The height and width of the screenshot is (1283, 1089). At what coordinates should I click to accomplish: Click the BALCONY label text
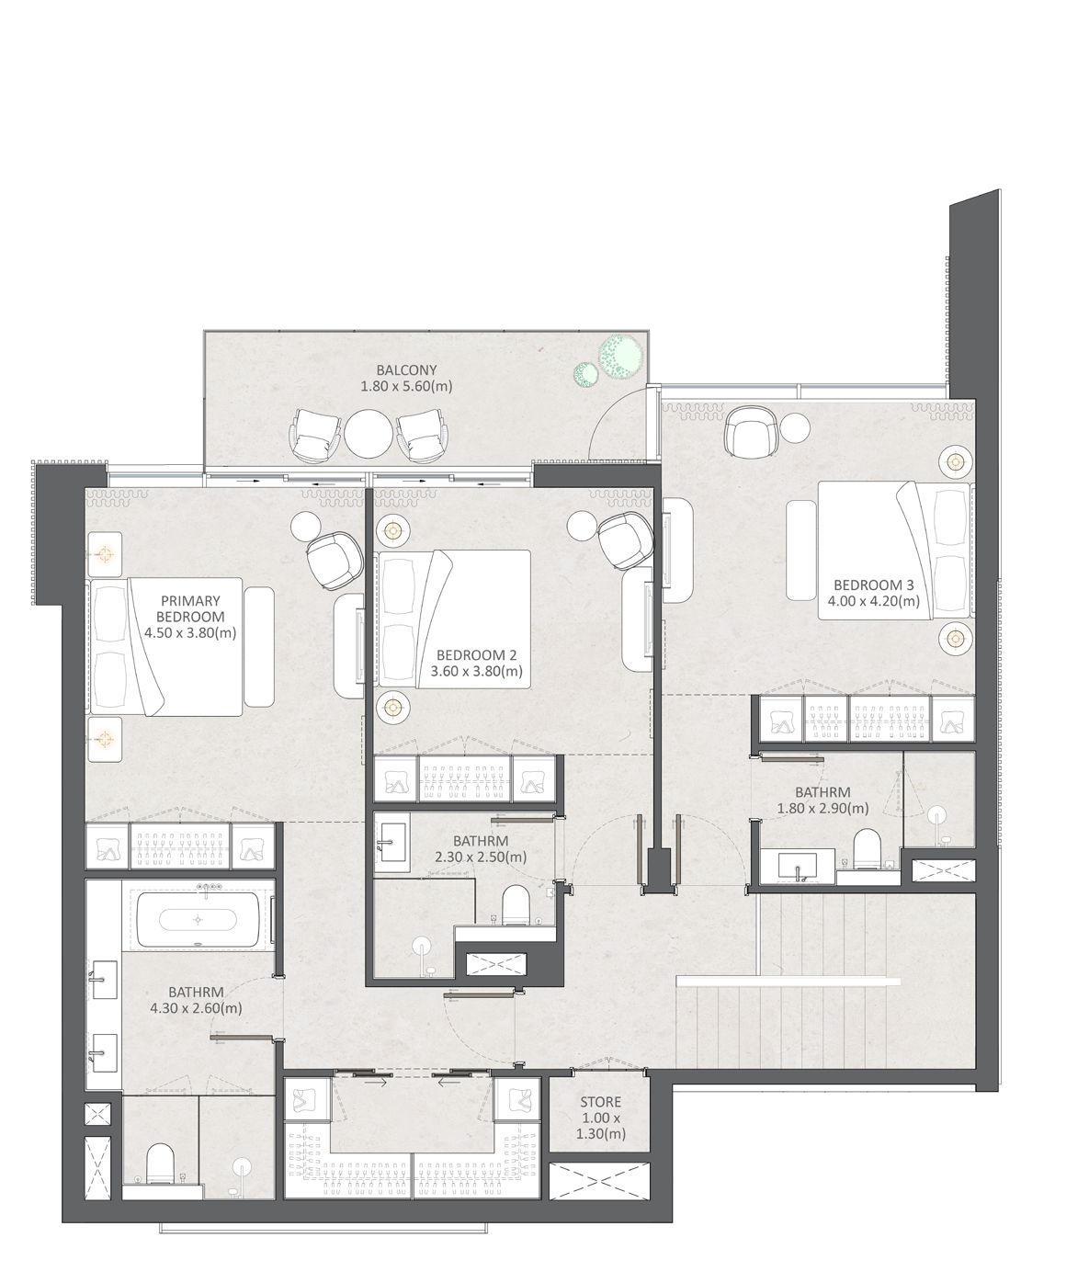406,370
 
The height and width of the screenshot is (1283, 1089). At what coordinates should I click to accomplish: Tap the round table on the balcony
369,434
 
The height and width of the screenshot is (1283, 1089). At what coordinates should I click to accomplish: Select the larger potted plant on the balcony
620,355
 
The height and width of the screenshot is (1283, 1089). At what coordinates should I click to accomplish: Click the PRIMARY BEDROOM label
190,608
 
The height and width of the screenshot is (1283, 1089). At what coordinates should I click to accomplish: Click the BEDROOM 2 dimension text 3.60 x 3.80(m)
477,671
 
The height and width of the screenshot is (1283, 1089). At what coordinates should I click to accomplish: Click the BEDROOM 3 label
873,585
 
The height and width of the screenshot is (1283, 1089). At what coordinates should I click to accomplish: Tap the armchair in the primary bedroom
335,562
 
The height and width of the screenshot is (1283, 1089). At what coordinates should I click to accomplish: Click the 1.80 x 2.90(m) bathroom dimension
822,809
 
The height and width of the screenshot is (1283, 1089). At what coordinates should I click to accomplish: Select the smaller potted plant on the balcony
586,374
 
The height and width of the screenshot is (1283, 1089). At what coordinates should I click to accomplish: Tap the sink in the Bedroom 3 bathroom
798,866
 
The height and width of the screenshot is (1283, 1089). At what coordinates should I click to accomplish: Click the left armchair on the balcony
316,435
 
